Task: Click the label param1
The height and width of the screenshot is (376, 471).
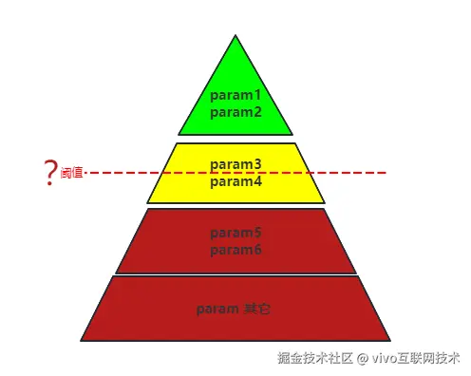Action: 235,96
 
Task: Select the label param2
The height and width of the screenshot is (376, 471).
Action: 235,112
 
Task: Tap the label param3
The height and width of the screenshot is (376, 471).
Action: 235,163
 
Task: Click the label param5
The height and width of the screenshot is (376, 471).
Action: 235,233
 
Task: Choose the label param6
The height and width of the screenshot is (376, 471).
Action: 235,250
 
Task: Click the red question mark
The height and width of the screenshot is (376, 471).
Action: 49,173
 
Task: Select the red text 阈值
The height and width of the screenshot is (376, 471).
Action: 72,174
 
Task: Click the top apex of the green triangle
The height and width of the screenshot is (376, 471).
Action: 235,36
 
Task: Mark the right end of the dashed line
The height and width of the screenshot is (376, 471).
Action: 386,173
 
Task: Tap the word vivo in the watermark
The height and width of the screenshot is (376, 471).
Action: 387,359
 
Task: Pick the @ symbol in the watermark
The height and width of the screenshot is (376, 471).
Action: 362,359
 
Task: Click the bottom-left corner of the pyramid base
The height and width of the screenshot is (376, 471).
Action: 82,339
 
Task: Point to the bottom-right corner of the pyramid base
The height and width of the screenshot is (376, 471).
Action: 389,339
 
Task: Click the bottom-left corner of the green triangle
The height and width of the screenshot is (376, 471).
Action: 179,134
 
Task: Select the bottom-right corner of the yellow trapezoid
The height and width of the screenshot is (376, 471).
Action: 324,202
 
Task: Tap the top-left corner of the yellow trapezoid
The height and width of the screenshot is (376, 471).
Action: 177,144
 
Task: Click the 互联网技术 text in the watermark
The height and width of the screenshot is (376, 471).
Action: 432,359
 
